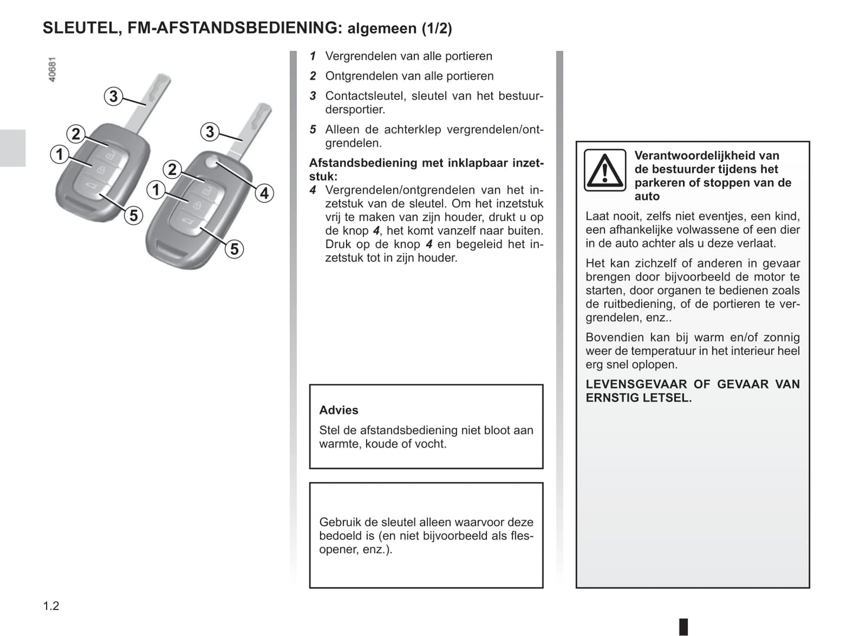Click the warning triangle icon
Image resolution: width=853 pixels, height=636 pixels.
click(x=604, y=170)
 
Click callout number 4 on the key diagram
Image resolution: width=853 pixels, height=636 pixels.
click(x=264, y=193)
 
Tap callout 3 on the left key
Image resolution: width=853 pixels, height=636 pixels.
click(x=113, y=96)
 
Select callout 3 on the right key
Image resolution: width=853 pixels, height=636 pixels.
click(x=210, y=132)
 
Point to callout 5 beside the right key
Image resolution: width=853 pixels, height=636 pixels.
click(x=234, y=249)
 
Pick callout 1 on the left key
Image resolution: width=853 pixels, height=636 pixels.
click(x=59, y=155)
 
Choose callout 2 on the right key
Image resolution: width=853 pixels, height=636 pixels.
click(x=172, y=169)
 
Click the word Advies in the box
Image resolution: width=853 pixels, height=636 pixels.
click(x=338, y=410)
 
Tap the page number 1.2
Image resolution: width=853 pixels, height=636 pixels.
click(x=51, y=606)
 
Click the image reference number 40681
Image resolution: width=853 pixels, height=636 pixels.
click(x=52, y=70)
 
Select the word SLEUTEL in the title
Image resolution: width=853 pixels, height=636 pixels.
click(x=80, y=28)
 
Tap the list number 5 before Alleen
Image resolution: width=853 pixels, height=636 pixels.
click(x=313, y=129)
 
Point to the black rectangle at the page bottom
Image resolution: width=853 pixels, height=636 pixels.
click(x=683, y=626)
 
